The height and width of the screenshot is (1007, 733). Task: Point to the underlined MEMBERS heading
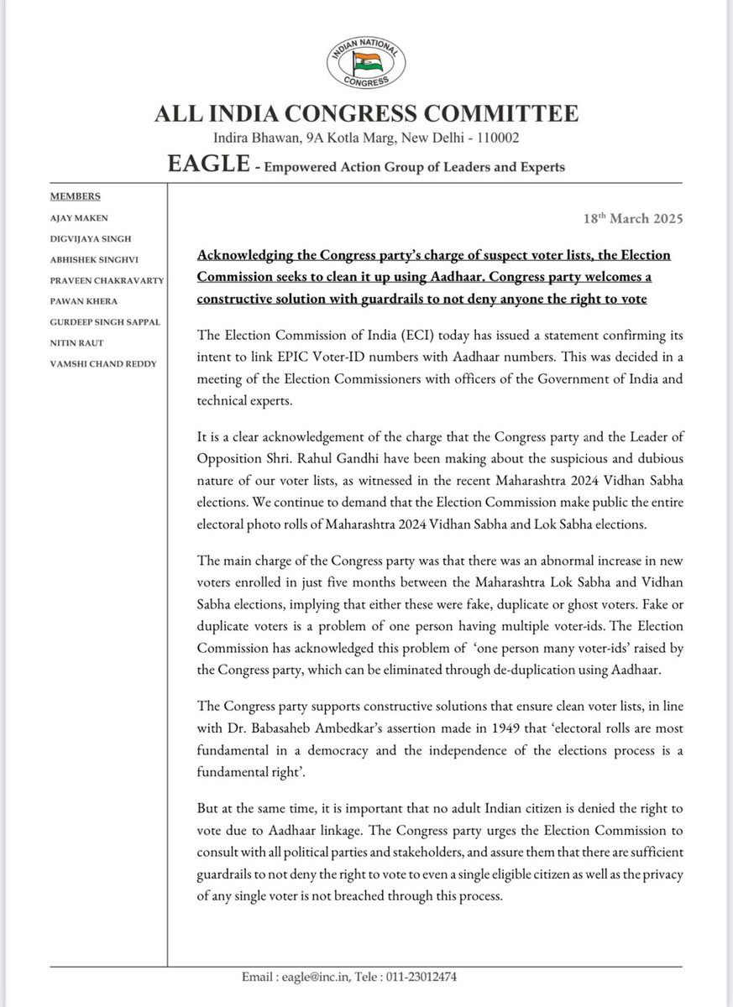[76, 196]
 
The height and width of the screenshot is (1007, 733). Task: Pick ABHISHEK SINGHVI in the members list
[93, 258]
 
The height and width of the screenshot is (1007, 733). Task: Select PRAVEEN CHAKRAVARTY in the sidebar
[103, 279]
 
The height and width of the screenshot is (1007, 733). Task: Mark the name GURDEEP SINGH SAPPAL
[104, 321]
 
